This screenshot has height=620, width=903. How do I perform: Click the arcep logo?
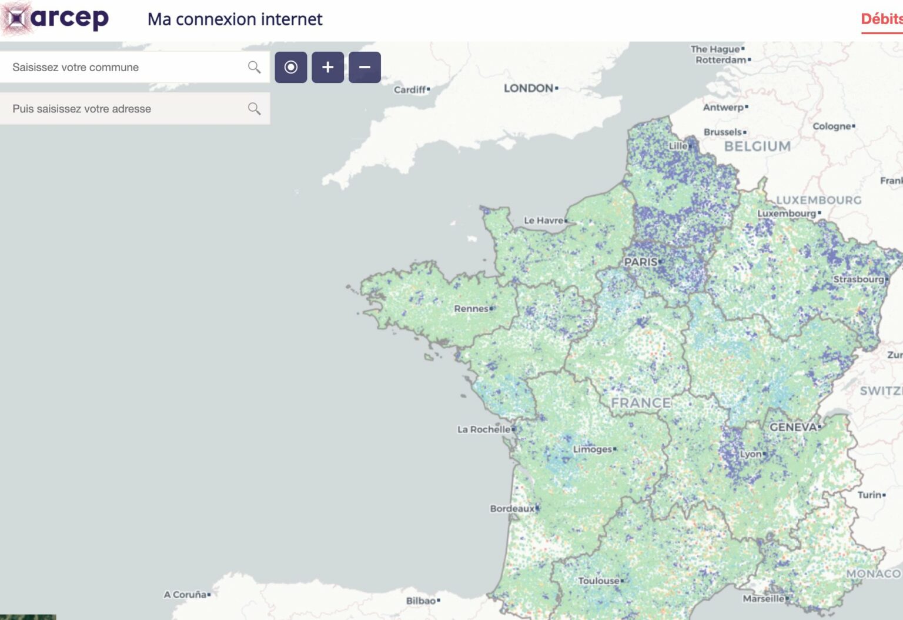point(56,18)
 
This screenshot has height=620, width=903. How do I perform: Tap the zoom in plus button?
point(327,67)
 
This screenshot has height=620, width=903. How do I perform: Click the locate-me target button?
point(291,67)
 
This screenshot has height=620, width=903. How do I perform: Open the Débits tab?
point(881,19)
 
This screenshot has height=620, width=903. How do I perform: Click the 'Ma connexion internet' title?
point(235,19)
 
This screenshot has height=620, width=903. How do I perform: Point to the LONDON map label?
point(529,88)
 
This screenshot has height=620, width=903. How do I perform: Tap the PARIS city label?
point(641,262)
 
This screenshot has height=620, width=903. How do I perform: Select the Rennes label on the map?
point(471,308)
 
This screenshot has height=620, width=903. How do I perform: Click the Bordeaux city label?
point(512,508)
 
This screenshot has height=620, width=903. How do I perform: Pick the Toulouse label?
point(598,581)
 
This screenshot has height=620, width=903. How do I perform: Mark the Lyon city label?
point(751,454)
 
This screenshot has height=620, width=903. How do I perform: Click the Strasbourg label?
point(858,279)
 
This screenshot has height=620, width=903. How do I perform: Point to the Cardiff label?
point(410,89)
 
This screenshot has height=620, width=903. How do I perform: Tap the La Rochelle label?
point(484,429)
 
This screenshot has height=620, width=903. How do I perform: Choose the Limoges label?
point(593,449)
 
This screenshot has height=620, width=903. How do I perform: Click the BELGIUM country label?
point(757,146)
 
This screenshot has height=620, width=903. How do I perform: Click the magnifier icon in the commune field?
point(254,67)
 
